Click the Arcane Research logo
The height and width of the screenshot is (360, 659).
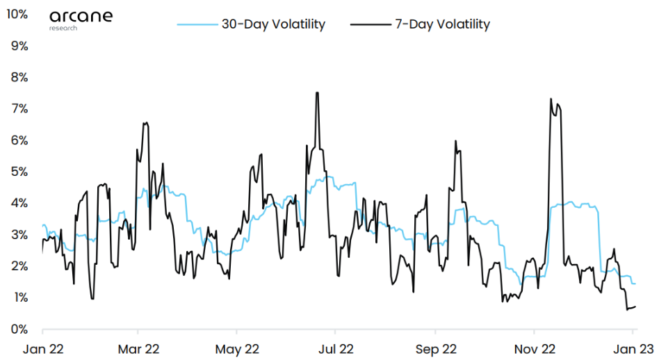click(81, 19)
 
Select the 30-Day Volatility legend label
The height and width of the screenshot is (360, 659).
click(273, 24)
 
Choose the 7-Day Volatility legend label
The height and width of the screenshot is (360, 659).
click(442, 24)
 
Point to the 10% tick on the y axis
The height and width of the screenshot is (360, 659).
click(17, 14)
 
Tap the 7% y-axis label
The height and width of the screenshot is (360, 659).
click(19, 108)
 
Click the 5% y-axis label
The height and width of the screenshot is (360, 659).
click(19, 172)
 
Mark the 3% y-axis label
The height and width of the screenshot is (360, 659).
click(19, 234)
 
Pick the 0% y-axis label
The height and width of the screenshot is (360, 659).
click(19, 329)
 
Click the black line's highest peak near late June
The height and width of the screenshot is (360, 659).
click(317, 92)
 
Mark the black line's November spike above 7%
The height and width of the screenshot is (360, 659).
click(551, 99)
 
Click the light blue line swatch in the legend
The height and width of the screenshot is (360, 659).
click(197, 24)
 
